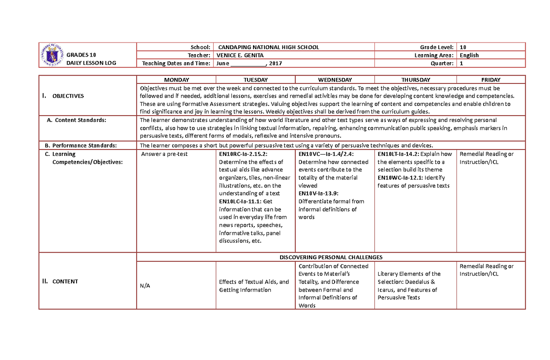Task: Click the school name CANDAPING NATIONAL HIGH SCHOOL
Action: [269, 47]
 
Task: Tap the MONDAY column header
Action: [176, 80]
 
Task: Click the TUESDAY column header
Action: [255, 80]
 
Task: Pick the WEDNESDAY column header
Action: [335, 80]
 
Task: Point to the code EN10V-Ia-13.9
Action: [319, 194]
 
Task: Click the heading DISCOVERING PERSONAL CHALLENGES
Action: [331, 257]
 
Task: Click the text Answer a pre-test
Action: [164, 154]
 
